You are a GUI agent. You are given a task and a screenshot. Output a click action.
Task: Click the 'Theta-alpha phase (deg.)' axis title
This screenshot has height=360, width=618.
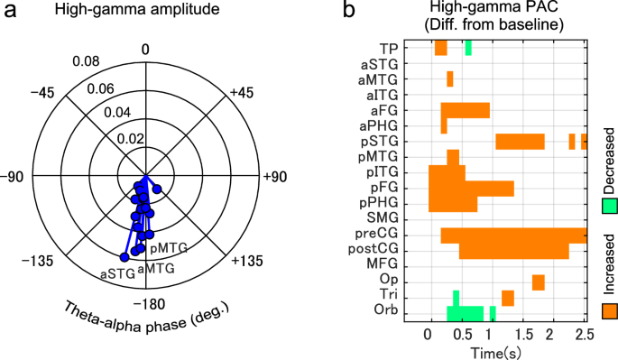[147, 326]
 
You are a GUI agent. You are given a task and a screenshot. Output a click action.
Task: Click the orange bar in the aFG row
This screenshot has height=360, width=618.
[465, 110]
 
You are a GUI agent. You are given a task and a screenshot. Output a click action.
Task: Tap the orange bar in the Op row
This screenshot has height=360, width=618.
[538, 282]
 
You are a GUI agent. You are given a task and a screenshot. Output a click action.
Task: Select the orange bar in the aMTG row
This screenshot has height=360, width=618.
[449, 79]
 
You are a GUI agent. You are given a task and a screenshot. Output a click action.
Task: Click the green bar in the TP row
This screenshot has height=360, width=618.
[467, 49]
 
